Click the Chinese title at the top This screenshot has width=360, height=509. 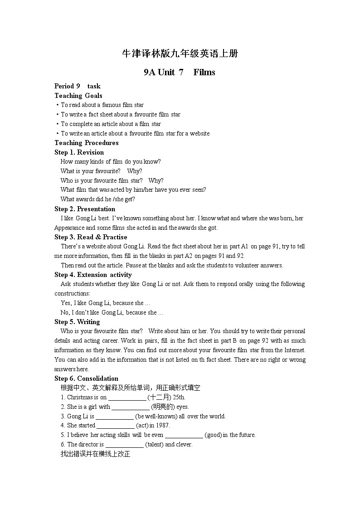(180, 53)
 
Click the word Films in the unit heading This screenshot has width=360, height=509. (204, 72)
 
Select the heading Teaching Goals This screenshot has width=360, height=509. (78, 96)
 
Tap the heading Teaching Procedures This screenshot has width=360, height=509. (87, 143)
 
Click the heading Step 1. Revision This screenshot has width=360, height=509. (79, 152)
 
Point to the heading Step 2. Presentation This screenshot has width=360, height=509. (85, 209)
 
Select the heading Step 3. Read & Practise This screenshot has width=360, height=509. (91, 237)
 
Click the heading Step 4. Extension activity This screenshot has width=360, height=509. (93, 275)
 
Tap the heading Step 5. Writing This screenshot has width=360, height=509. (77, 322)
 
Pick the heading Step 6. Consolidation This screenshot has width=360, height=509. (86, 378)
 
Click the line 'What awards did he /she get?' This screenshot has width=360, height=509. (98, 199)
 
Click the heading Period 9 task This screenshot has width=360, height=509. (78, 86)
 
